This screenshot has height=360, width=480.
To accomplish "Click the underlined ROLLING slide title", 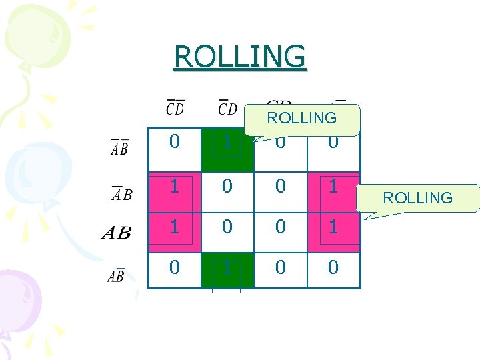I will tap(239, 57).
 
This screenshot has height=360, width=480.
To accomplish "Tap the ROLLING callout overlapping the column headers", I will tap(301, 119).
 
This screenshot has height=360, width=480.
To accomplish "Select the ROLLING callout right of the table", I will tap(418, 197).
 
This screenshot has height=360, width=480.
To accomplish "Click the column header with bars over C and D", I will tap(175, 107).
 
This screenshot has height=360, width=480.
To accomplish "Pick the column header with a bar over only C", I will tap(227, 107).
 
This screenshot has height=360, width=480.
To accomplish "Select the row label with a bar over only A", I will tap(121, 194).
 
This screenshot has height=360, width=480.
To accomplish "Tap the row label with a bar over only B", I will tap(116, 275).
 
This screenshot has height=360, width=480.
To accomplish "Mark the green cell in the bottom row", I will tap(227, 268).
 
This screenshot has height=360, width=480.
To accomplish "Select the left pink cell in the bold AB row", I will tap(174, 227).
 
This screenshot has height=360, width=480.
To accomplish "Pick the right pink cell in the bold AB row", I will tap(333, 227).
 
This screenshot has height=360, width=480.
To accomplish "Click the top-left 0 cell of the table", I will tap(174, 142).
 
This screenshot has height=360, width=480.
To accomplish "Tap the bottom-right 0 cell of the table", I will tap(333, 268).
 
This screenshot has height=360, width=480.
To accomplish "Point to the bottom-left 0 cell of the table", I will tap(174, 268).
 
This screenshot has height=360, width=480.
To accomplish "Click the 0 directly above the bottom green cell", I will tap(227, 227).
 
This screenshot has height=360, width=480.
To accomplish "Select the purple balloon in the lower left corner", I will tap(17, 300).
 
